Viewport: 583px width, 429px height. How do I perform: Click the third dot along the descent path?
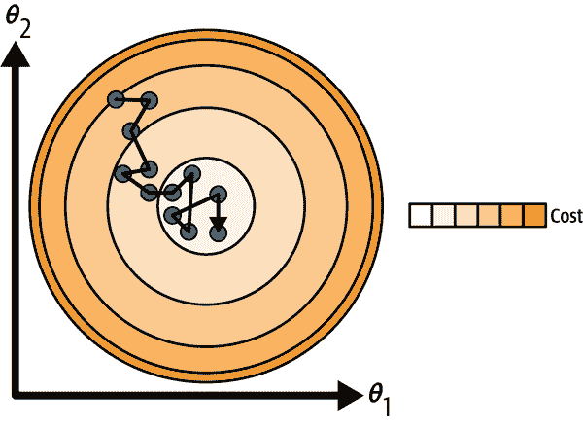130,130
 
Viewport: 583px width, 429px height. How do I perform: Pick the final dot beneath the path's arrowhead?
218,232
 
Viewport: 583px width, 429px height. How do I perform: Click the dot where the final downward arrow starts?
218,194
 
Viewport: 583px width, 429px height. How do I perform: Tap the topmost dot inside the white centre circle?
191,173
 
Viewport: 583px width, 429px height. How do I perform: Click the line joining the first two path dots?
132,99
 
